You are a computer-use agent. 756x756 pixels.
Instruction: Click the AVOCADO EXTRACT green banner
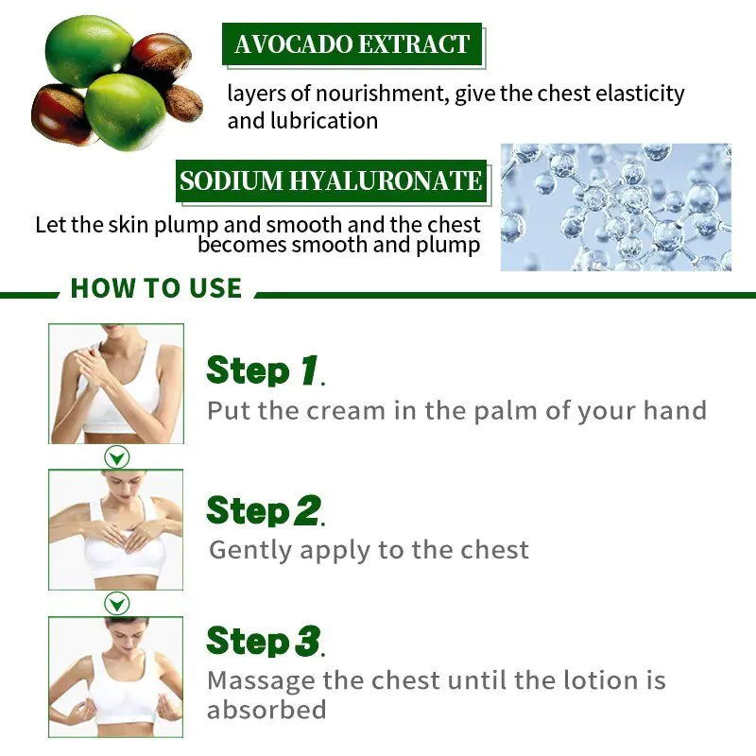click(x=352, y=44)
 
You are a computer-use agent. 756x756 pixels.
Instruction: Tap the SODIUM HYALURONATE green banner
click(x=331, y=180)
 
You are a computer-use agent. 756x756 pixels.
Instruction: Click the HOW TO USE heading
click(x=156, y=288)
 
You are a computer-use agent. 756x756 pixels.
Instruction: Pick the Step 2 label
click(x=266, y=511)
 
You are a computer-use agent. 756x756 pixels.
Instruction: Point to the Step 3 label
click(x=266, y=641)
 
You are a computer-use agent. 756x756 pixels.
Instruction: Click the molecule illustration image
click(x=616, y=207)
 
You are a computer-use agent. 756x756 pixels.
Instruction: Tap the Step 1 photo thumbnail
click(x=116, y=384)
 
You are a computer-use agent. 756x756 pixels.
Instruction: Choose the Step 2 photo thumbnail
click(x=116, y=529)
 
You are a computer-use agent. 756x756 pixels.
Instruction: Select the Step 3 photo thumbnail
click(x=116, y=677)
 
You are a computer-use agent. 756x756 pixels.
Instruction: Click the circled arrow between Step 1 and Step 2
click(x=116, y=458)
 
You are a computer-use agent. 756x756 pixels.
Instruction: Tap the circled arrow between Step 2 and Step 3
click(x=116, y=604)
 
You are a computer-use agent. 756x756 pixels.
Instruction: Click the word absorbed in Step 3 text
click(x=266, y=711)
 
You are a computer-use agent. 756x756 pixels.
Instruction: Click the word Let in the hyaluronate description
click(x=50, y=226)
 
